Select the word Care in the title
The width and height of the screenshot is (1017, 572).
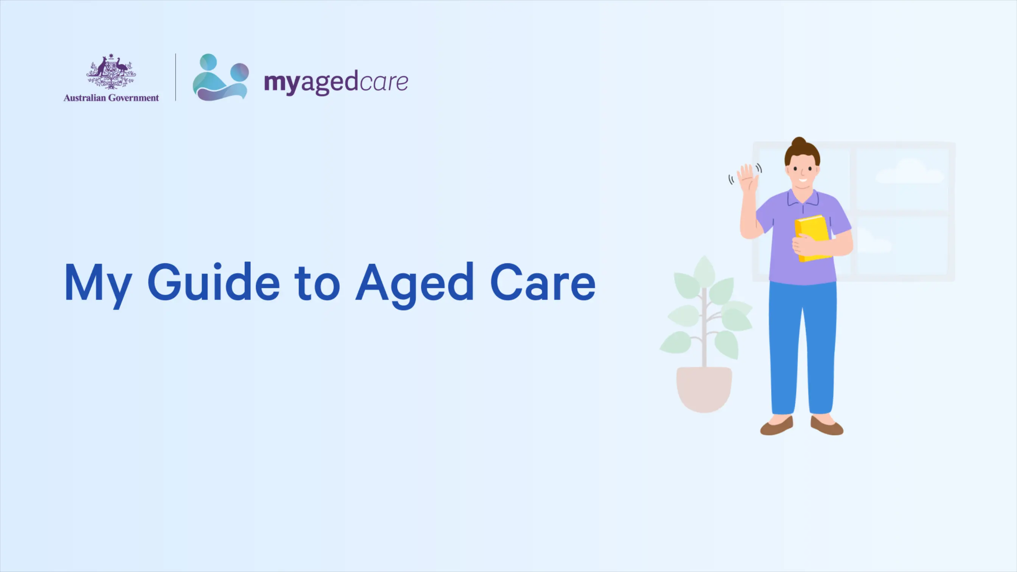[x=543, y=282]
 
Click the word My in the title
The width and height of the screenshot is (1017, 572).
[x=98, y=285]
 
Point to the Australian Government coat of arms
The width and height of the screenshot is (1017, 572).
[x=111, y=71]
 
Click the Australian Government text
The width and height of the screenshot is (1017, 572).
[x=111, y=98]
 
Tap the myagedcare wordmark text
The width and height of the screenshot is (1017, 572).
[x=336, y=82]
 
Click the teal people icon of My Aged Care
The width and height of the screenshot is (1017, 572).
[x=221, y=78]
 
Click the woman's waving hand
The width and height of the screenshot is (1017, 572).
[x=747, y=178]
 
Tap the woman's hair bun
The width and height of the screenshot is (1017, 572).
[x=799, y=142]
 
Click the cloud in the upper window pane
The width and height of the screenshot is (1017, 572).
[x=909, y=172]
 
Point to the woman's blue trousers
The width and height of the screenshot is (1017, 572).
[x=803, y=347]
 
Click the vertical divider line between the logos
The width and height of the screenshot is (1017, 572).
[x=175, y=78]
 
